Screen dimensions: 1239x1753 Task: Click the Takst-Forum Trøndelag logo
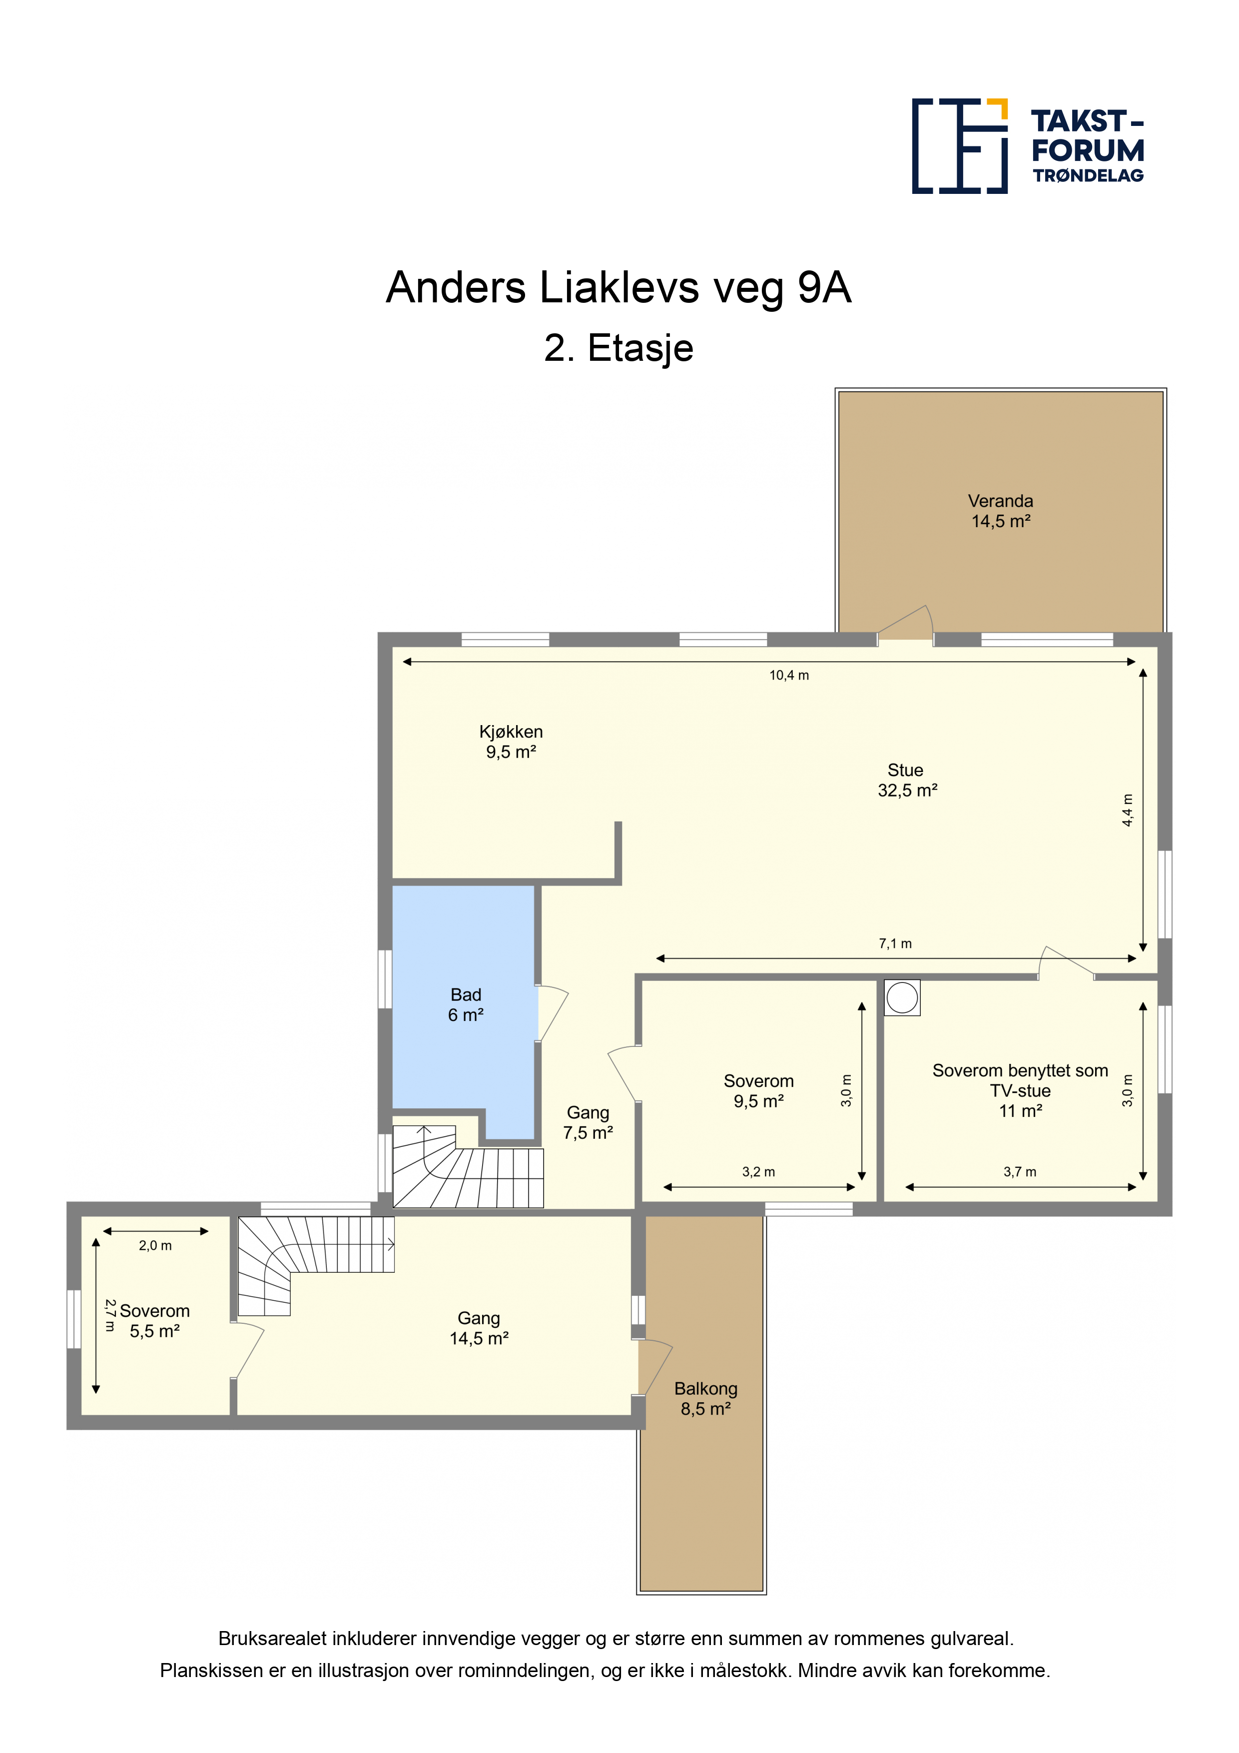1028,146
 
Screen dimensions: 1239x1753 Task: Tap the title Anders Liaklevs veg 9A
619,288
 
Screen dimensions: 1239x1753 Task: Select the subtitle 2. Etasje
619,348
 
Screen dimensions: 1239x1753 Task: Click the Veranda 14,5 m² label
1000,511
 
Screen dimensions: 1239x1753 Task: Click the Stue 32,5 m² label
907,780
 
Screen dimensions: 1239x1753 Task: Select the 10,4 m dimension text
788,675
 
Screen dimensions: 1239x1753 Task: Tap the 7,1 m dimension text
895,943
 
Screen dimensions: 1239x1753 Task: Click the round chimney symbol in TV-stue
902,998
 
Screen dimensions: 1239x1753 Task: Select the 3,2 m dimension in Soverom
758,1172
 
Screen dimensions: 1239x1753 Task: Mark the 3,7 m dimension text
1020,1172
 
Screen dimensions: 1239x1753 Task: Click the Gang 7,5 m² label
588,1122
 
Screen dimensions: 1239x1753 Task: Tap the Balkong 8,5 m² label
705,1399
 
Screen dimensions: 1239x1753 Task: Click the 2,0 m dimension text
155,1245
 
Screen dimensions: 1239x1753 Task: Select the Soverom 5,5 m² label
154,1321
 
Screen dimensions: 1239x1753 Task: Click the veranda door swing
905,622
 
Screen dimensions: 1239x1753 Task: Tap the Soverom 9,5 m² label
759,1091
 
